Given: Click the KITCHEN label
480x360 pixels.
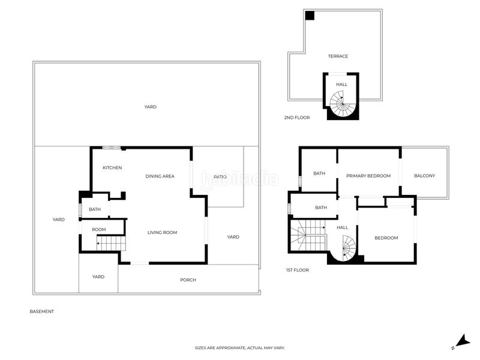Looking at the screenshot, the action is tap(112, 168).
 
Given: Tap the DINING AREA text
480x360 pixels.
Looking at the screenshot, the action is tap(160, 176).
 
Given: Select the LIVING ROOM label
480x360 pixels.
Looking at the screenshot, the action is tap(162, 233).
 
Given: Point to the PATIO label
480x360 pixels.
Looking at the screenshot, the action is tap(220, 177).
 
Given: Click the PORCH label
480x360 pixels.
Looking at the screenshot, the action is tap(188, 280).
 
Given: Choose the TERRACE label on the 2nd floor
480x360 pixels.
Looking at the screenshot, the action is tap(338, 56).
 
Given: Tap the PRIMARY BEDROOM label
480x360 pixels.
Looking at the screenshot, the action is tap(368, 176).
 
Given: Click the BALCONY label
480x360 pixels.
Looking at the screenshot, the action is tap(424, 176).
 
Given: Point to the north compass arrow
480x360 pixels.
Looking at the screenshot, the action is tap(463, 340).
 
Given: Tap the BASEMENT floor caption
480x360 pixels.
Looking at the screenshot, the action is tap(41, 311).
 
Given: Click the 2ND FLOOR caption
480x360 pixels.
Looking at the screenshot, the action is tap(297, 118).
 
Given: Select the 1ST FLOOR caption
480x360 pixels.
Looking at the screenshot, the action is tap(298, 270).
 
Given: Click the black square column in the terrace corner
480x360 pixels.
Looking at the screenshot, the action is tap(310, 16).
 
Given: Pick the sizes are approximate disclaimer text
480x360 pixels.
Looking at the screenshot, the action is tap(240, 348).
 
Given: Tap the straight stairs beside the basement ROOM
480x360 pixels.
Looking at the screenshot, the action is tap(111, 243).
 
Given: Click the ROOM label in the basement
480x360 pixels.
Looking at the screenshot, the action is tap(99, 230).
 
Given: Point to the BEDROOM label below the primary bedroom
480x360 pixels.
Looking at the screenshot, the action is tap(386, 238).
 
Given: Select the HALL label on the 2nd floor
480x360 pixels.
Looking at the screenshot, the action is tap(341, 85).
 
